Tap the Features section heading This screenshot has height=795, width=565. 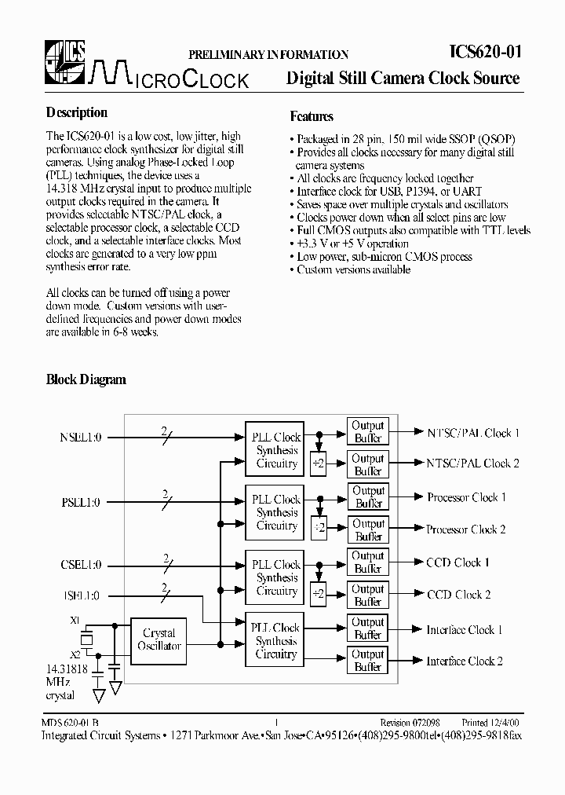click(x=312, y=116)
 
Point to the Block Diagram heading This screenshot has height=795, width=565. click(x=86, y=379)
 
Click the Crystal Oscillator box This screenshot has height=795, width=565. click(x=159, y=639)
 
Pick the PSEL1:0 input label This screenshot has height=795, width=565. click(x=80, y=502)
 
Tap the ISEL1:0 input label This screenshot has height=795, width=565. click(x=81, y=595)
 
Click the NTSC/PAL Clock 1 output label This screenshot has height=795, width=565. click(x=473, y=433)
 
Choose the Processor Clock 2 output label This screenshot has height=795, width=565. click(x=466, y=529)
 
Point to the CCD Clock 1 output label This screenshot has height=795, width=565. click(x=457, y=562)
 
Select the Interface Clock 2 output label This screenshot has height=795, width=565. click(x=465, y=661)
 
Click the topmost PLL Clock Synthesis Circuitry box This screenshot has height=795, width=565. click(x=276, y=450)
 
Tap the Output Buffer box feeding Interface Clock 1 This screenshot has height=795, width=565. click(x=367, y=628)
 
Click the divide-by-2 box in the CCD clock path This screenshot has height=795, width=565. click(x=318, y=594)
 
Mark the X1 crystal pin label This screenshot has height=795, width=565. click(x=75, y=620)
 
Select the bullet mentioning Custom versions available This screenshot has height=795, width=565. click(x=352, y=269)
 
